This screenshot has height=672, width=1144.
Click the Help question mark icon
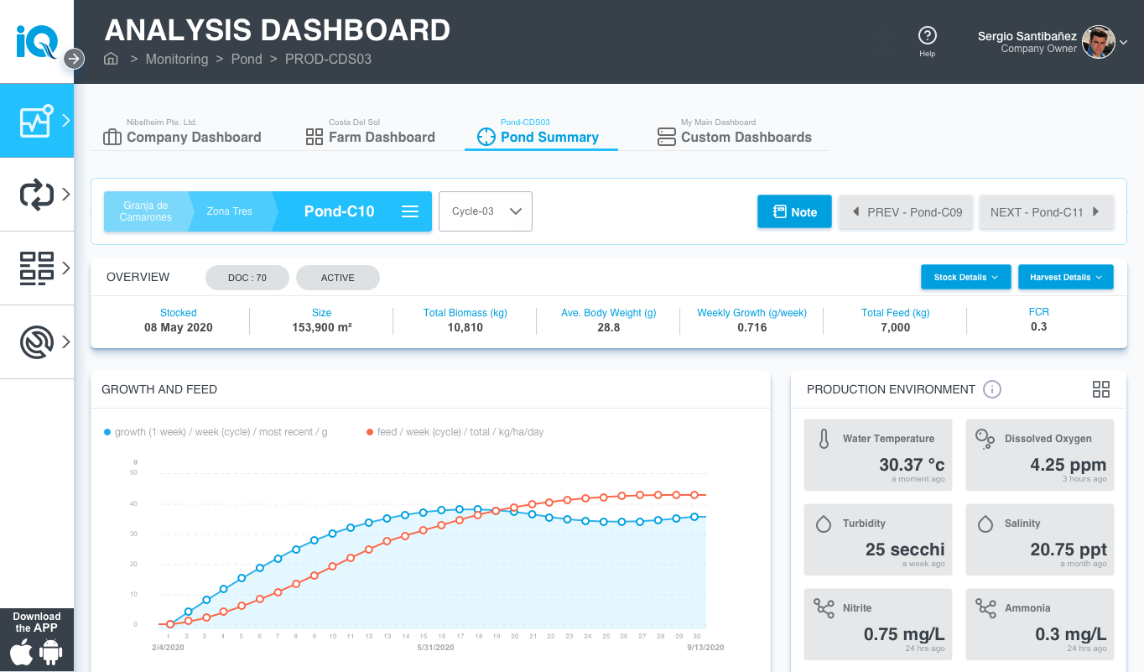tap(927, 35)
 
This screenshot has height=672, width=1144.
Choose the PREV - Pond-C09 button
tap(907, 212)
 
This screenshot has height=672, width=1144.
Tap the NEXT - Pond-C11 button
tap(1045, 212)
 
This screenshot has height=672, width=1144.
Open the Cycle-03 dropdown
tap(486, 211)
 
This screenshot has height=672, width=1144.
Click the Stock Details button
tap(966, 277)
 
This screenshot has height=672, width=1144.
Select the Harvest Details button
tap(1065, 277)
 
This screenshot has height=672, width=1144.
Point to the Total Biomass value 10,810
tap(465, 328)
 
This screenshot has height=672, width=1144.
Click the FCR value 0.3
tap(1038, 327)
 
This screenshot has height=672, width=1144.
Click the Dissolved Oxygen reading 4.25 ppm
tap(1068, 465)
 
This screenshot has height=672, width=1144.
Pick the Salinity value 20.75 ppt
tap(1068, 550)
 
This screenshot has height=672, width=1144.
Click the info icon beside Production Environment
tap(992, 389)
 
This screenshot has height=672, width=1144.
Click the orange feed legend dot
tap(370, 432)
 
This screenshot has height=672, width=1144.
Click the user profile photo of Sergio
tap(1099, 42)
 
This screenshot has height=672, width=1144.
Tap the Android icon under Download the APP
tap(51, 653)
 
